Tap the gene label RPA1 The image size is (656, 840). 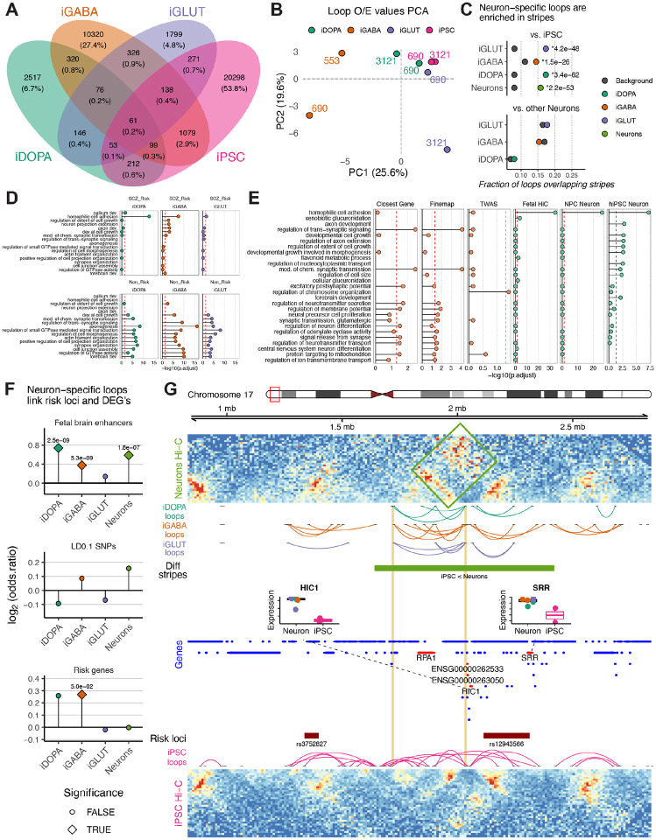427,655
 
